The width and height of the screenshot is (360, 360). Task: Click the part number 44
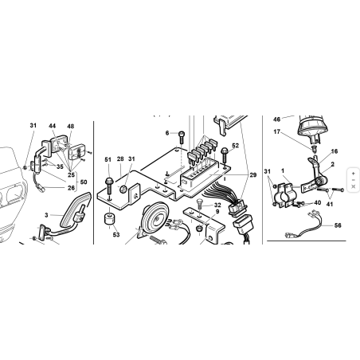coord(53,127)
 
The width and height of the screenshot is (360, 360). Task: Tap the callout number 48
coord(70,127)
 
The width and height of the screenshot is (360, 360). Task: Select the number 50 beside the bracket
coord(84,182)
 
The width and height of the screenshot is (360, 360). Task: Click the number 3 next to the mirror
coord(46,214)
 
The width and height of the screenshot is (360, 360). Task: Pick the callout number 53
coord(116,236)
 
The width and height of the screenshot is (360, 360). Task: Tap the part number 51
coord(108,160)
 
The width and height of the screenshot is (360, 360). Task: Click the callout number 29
coord(253,174)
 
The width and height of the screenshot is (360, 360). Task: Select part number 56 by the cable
coord(338,225)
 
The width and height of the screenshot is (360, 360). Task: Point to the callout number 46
coord(277,118)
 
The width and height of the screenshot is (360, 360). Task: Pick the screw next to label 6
coord(183,135)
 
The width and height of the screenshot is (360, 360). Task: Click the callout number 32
coord(217,205)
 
